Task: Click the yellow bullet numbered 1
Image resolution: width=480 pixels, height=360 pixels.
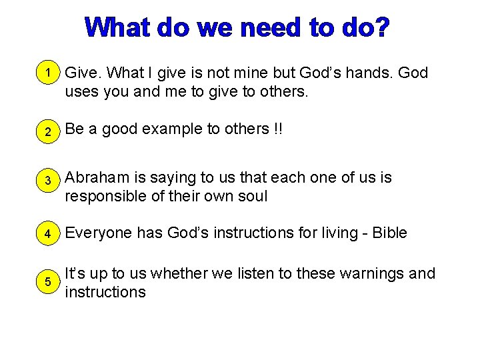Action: [x=46, y=72]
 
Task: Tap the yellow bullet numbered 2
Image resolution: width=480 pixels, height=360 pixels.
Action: [x=46, y=131]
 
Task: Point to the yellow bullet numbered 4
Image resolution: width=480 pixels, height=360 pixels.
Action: [x=46, y=235]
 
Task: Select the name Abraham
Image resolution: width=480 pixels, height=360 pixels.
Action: [x=97, y=178]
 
